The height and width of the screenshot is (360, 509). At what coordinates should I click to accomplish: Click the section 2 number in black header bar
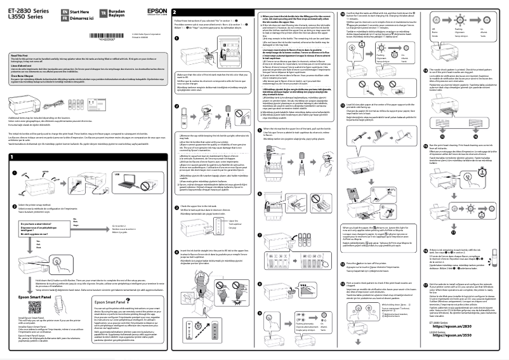[175, 13]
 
